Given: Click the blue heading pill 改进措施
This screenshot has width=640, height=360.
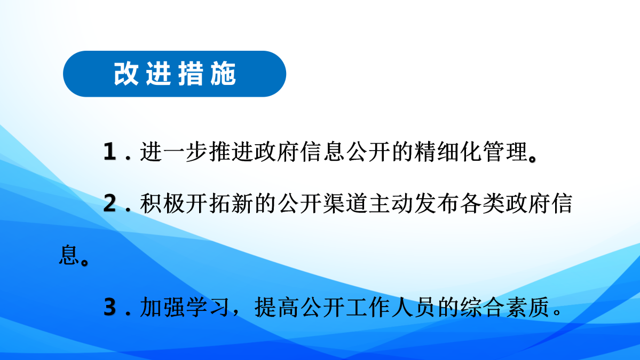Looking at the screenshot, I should [175, 74].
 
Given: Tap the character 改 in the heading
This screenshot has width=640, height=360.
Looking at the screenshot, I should [125, 74].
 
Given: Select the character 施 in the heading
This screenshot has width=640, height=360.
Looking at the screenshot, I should [223, 74].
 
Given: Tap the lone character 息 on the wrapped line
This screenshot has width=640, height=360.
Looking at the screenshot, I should [68, 256].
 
